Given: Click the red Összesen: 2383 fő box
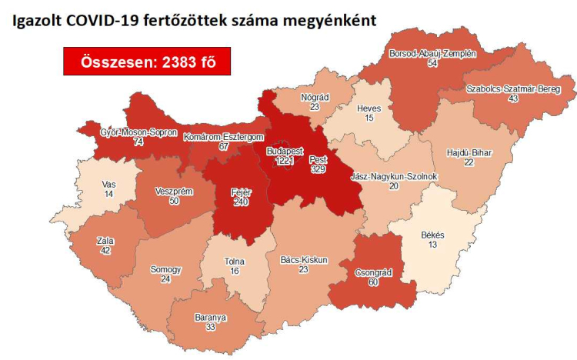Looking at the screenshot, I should (x=147, y=62).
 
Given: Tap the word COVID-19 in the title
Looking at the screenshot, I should (x=90, y=21).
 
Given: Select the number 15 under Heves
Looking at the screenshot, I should (x=369, y=118).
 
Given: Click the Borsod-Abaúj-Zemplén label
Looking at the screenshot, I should (x=431, y=53).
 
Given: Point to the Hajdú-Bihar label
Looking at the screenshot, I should (x=469, y=152).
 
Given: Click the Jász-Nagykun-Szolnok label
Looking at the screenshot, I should (x=393, y=177).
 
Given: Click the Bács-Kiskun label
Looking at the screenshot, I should (x=304, y=260).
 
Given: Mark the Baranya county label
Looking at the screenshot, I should (x=210, y=317).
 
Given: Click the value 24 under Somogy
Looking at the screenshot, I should (x=165, y=279).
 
